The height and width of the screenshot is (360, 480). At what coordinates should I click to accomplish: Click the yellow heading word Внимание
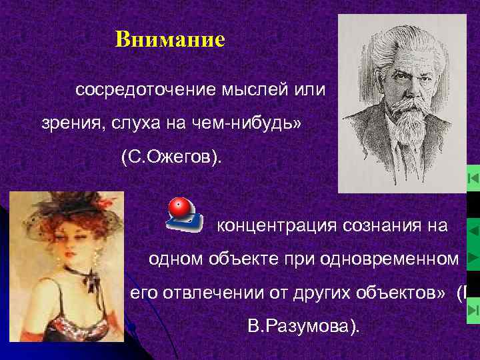(x=170, y=40)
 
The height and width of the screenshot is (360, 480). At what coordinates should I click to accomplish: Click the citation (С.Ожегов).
(x=173, y=158)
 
